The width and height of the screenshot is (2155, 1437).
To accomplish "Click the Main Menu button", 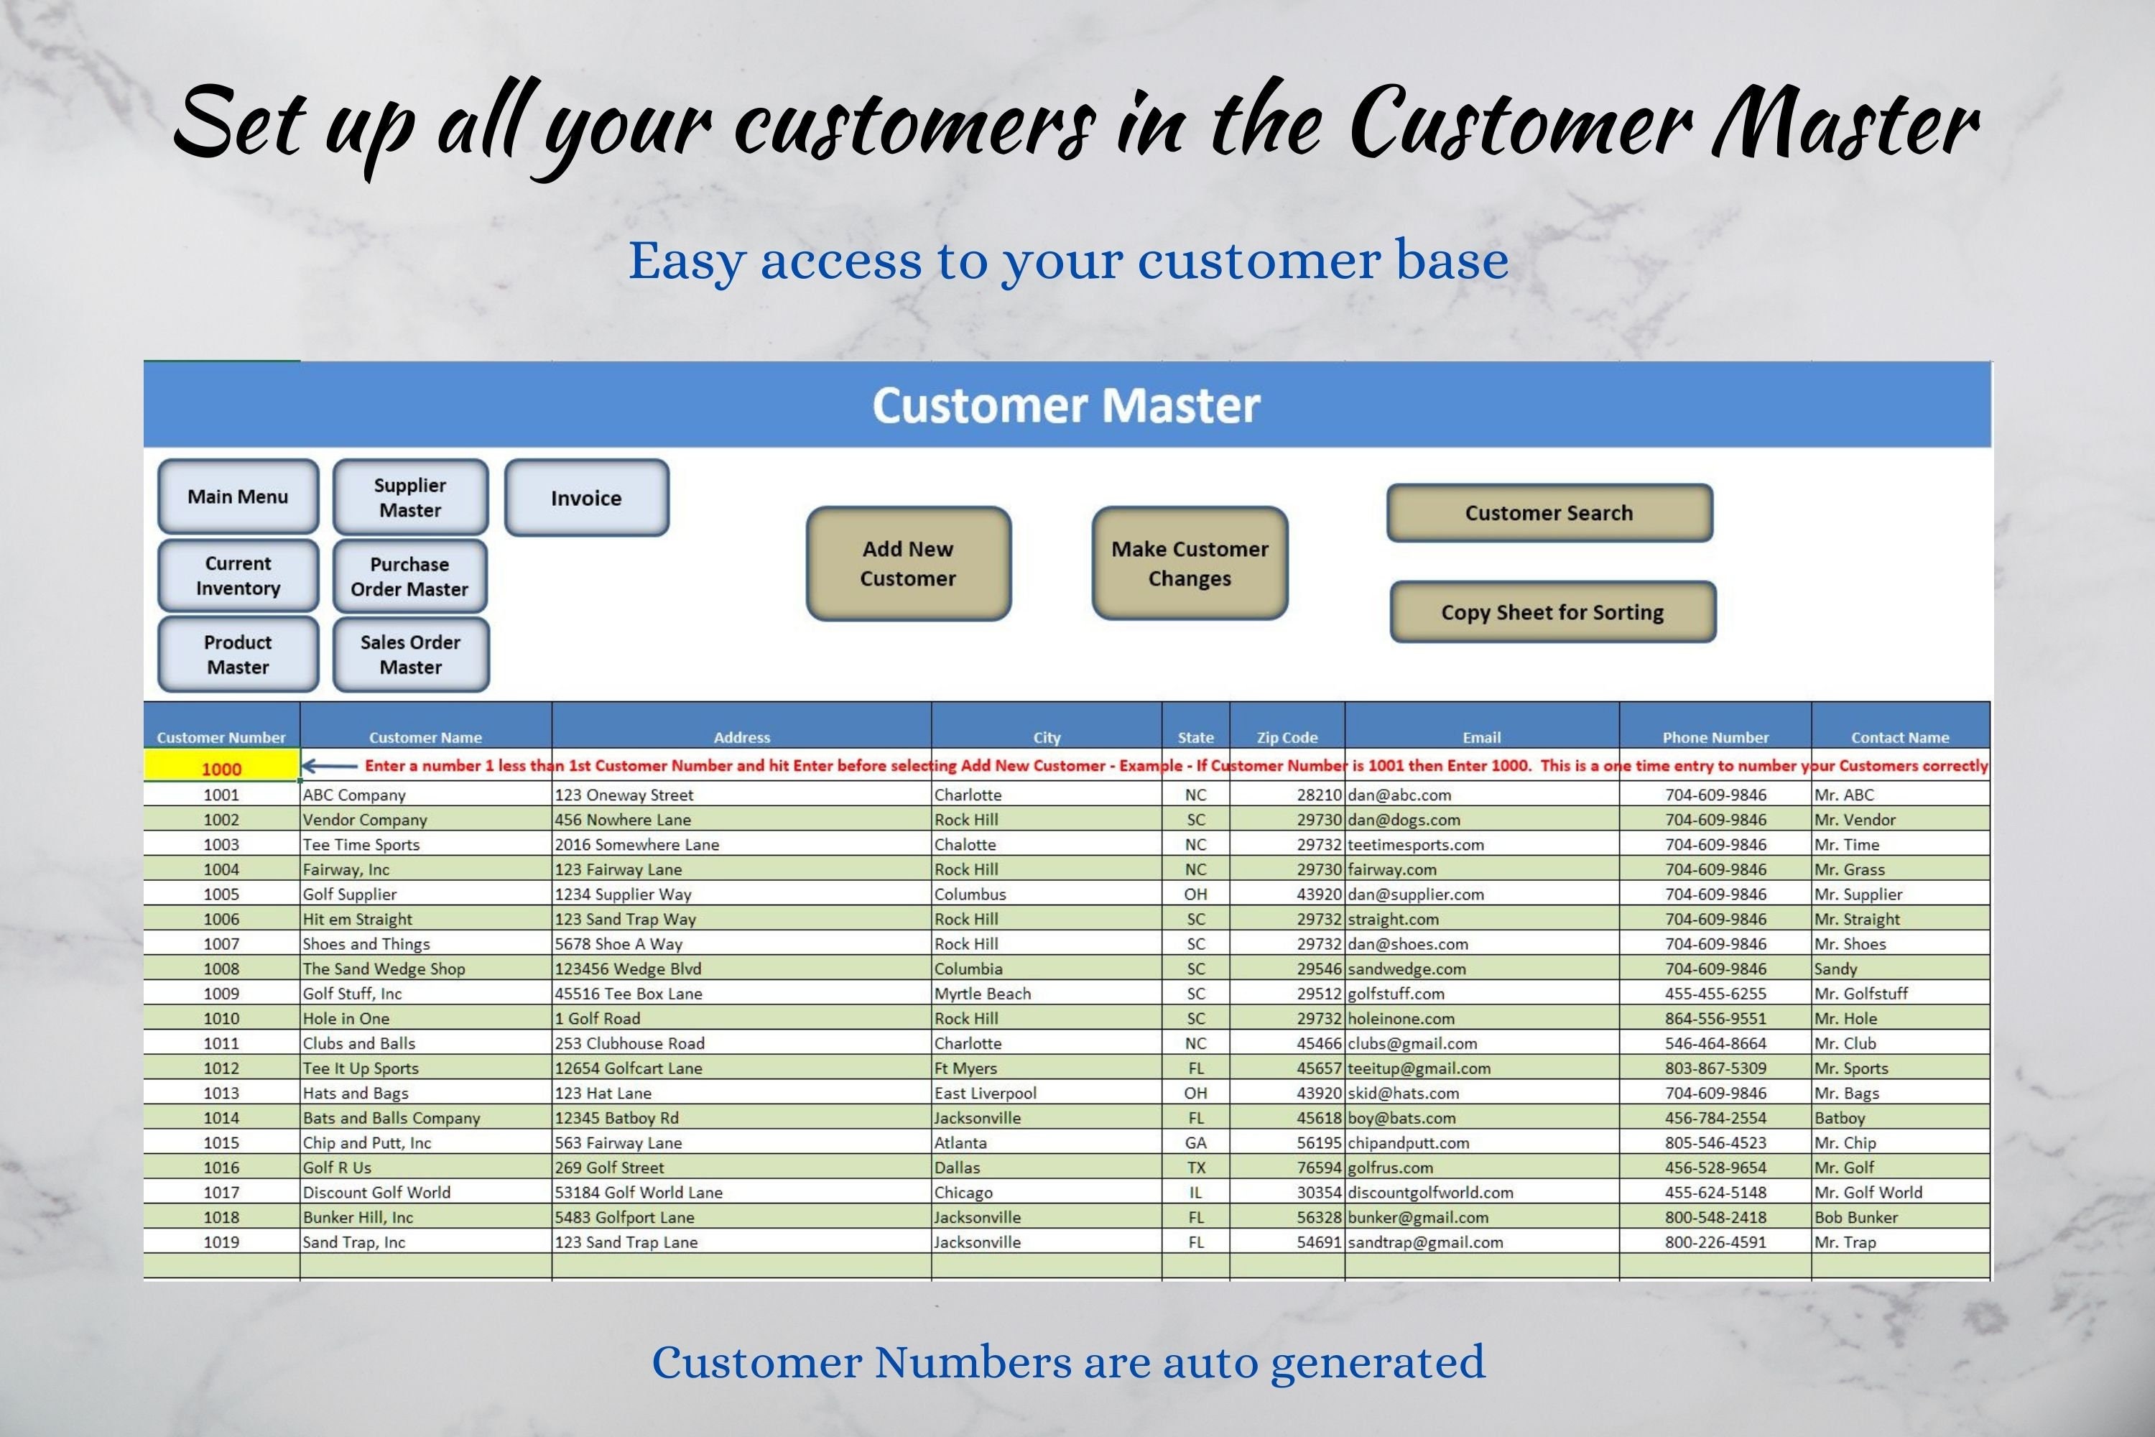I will pos(238,496).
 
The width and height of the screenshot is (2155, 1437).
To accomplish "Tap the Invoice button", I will pos(586,498).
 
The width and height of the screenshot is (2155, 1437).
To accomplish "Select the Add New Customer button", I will pos(908,563).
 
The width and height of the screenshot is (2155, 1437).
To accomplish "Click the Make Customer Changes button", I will pos(1190,563).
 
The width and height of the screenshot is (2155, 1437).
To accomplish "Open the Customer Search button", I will pos(1549,513).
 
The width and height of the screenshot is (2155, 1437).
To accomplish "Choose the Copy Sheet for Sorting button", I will pos(1552,612).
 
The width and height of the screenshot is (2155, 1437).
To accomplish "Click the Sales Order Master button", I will pos(410,655).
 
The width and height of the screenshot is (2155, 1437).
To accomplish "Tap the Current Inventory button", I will pos(238,576).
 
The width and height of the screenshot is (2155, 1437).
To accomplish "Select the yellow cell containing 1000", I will pos(222,768).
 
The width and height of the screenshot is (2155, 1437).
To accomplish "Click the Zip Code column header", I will pos(1287,737).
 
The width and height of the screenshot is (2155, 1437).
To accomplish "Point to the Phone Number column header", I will pos(1715,737).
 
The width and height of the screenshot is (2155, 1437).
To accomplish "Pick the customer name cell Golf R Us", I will pos(337,1168).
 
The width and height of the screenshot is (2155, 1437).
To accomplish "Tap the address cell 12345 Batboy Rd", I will pos(616,1118).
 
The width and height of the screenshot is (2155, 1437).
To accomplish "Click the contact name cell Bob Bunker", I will pos(1855,1217).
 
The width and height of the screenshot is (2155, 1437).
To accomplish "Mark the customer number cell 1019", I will pos(222,1242).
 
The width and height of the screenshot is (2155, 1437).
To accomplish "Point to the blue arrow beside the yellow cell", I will pos(330,766).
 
